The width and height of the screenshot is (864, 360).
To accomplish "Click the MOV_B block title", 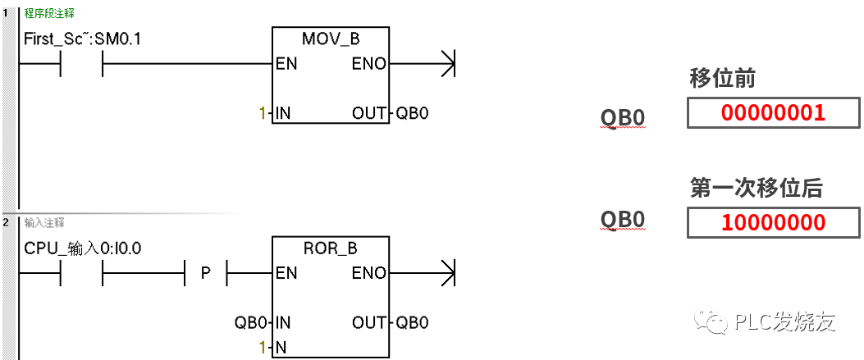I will coord(331,39).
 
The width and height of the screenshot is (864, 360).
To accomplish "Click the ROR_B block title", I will coord(331,248).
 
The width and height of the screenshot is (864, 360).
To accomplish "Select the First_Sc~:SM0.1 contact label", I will coord(83,38).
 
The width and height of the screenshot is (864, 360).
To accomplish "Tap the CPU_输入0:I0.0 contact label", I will coord(83,248).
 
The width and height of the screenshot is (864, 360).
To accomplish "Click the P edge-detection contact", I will coord(206,274).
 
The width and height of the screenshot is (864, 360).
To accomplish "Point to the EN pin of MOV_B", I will coord(286,64).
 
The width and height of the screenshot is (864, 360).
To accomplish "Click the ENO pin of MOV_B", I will coord(368,64).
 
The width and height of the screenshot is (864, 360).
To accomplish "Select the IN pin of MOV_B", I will coord(283,113).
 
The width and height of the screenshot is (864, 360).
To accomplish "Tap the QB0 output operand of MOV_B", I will coord(412,113).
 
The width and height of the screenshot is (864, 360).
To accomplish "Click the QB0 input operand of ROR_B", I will coord(250,322).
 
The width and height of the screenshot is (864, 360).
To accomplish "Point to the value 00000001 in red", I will coord(773,113).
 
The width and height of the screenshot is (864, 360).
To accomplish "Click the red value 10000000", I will coord(773,222).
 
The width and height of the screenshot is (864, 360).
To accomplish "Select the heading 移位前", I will coord(723,79).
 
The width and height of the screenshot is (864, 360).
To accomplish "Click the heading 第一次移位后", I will coord(756,188).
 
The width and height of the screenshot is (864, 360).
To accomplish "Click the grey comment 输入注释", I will coord(44,222).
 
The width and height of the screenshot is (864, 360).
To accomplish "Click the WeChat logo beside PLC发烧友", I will coord(712,321).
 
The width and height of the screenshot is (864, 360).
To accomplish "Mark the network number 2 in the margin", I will coord(5,222).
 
